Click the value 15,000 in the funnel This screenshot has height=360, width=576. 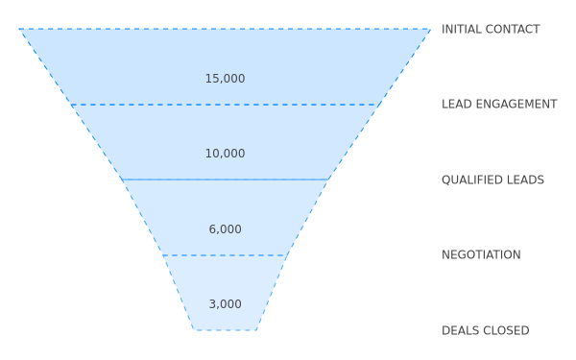tap(225, 79)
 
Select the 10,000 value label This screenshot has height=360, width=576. tap(225, 154)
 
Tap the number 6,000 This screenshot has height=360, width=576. tap(226, 229)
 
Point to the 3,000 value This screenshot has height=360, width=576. tap(226, 304)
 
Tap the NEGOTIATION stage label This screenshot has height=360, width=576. tap(481, 254)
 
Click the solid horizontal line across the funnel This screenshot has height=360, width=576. tap(225, 180)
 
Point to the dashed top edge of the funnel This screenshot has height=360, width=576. tap(225, 29)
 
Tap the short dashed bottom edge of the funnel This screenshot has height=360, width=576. tap(225, 330)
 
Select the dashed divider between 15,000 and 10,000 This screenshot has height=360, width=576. tap(225, 105)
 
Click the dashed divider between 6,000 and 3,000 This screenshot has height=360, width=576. tap(225, 255)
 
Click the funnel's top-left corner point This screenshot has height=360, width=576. tap(19, 29)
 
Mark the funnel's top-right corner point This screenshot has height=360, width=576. tap(430, 29)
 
